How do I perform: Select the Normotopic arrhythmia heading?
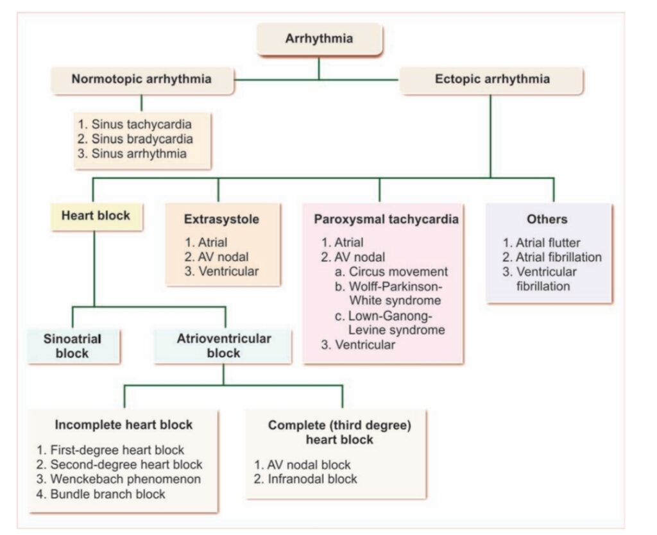(142, 80)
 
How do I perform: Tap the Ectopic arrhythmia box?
(491, 80)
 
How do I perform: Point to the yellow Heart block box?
(95, 216)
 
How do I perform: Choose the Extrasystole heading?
(221, 219)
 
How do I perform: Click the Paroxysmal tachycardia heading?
(386, 219)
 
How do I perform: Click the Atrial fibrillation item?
(552, 257)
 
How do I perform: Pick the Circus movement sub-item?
(391, 271)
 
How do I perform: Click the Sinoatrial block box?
(73, 345)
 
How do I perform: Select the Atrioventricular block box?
(224, 345)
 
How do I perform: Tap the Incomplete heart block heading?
(124, 425)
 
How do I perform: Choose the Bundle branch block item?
(101, 494)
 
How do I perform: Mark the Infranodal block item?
(305, 479)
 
